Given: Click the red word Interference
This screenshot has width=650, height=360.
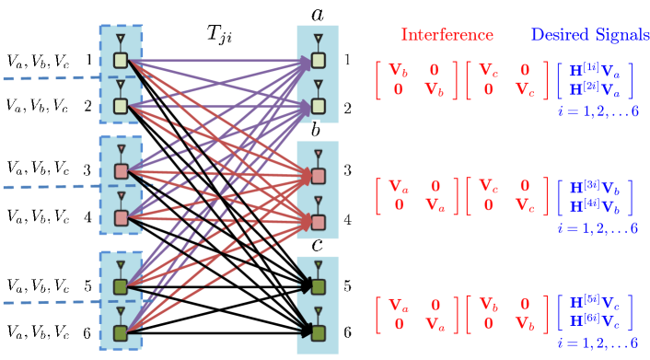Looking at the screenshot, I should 447,35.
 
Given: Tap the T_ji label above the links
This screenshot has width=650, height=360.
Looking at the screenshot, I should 218,35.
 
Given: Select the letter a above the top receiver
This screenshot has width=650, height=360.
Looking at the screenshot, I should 318,14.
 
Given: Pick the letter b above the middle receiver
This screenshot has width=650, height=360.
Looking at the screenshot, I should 316,130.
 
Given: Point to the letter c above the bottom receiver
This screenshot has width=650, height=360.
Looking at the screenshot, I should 317,245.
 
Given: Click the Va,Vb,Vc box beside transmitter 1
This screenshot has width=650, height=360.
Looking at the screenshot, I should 38,60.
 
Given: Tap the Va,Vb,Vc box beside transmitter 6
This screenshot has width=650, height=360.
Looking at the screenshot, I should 38,330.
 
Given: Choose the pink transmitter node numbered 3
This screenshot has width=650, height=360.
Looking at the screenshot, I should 121,172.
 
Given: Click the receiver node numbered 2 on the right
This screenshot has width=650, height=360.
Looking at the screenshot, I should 318,107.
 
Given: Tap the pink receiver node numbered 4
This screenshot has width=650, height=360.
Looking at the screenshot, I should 318,220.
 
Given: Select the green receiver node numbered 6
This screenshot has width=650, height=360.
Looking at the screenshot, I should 318,332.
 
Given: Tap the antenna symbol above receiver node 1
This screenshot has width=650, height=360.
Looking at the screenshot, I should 318,41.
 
